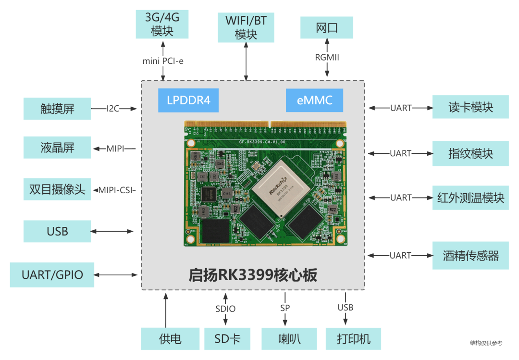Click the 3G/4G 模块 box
pos(162,25)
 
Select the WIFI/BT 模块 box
pos(246,27)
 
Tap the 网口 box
pos(327,28)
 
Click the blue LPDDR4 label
pos(188,100)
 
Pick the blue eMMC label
pos(314,100)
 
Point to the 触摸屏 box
pos(57,109)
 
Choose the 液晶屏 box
pos(57,148)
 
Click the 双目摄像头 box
pos(57,189)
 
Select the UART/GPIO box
pos(52,275)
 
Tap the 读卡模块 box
pos(470,107)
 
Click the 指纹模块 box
pos(470,153)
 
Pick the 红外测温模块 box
pos(470,198)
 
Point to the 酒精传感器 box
pos(470,255)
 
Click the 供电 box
pos(170,339)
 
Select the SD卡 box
pos(227,339)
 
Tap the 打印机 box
pos(354,339)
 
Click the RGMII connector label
pos(327,57)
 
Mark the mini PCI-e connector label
pos(163,61)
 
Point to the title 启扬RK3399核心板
pos(253,275)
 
